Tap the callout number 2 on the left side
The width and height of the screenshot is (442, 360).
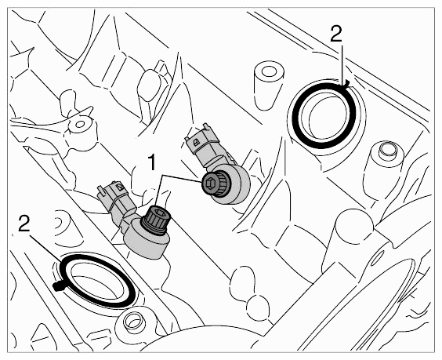pyautogui.click(x=24, y=223)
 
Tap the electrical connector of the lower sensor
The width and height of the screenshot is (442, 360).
pyautogui.click(x=115, y=199)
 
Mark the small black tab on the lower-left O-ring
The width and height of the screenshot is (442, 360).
pyautogui.click(x=58, y=285)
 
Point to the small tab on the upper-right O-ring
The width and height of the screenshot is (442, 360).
pyautogui.click(x=346, y=82)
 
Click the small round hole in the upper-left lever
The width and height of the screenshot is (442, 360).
pyautogui.click(x=80, y=124)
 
